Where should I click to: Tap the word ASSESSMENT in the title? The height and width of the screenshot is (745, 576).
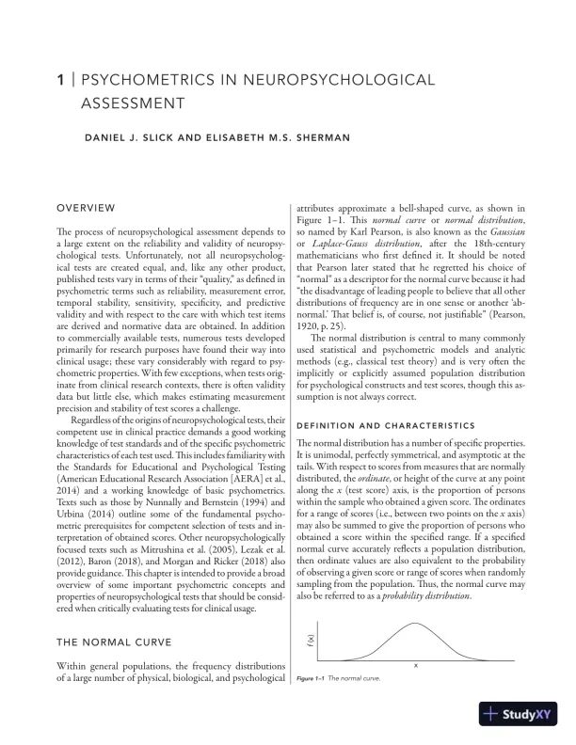(132, 103)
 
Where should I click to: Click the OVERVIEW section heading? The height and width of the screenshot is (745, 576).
(87, 207)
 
